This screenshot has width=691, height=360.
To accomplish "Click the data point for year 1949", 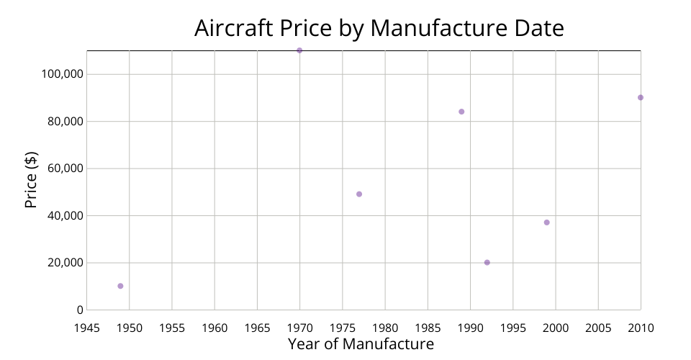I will pos(120,286).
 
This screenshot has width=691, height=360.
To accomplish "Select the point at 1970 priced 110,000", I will pos(299,50).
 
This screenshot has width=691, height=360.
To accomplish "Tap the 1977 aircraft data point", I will pos(359,194).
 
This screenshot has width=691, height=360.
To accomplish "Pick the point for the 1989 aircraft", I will pos(461,112).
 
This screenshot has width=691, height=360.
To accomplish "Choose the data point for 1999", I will pos(547,222).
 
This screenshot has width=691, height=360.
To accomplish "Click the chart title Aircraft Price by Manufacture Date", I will pos(379,28).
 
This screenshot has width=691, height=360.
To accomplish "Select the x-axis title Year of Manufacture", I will pos(361,344).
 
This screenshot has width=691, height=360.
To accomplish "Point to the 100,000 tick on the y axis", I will pos(61,74).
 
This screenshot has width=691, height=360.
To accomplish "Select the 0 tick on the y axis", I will pos(80,310).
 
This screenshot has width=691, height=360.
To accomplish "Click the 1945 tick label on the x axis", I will pos(87,328).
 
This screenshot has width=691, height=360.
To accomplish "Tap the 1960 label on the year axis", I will pos(214,328).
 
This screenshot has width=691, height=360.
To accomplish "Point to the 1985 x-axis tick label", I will pos(428,328).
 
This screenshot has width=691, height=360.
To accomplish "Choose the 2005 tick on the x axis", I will pos(598,328).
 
